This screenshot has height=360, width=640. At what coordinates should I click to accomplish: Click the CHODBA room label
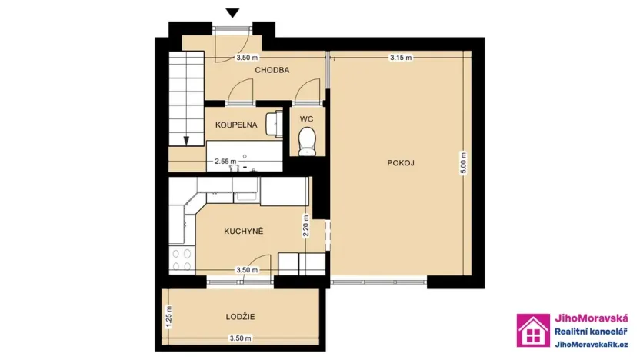pos(273,70)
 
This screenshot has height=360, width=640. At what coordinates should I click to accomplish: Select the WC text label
pos(306,119)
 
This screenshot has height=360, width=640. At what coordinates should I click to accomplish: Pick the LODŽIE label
pos(241,316)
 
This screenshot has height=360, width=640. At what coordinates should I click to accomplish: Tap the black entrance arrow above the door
pos(233,12)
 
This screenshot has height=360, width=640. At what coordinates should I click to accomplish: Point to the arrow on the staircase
pos(185,140)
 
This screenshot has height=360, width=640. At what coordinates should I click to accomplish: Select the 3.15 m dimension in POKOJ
pos(401,58)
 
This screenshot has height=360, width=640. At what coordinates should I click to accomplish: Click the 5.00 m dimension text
pos(463,167)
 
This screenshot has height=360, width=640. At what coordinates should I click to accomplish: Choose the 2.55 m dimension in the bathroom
pos(225,162)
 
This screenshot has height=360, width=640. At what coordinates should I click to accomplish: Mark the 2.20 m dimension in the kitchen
pos(306,227)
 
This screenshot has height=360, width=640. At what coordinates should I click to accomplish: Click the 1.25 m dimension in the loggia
pos(168,316)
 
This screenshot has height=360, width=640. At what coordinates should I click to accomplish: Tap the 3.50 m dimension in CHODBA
pos(247,58)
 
